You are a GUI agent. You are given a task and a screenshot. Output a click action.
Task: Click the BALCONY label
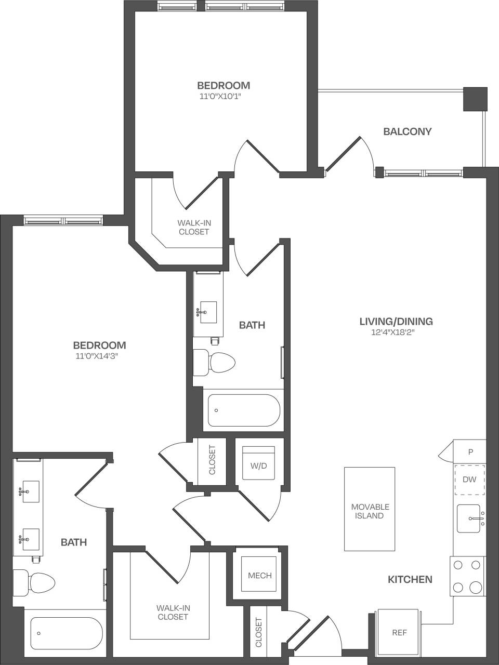point(407,131)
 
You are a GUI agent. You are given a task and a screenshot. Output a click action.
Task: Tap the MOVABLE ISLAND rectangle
point(370,509)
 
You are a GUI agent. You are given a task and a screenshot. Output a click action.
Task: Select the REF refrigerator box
point(399,632)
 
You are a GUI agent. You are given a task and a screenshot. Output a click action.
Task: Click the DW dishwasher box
point(469,479)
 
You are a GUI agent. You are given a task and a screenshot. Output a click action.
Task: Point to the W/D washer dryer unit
point(258,465)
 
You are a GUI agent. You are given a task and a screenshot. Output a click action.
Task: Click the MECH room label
point(259,575)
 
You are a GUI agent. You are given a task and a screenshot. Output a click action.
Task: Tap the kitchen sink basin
point(469,518)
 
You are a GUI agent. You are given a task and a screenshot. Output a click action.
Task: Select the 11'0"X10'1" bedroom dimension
point(223,96)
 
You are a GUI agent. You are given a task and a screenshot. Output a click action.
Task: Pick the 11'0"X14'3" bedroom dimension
point(99,356)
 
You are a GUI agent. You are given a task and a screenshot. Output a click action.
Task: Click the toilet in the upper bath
point(214,362)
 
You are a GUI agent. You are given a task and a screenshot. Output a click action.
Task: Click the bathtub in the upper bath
point(244,410)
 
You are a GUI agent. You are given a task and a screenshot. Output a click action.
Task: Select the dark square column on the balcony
point(475,99)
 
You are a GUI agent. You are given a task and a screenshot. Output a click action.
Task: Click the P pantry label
point(470,452)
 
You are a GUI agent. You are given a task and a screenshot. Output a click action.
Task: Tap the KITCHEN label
point(410,579)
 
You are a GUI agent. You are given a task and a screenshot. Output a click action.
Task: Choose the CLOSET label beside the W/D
point(212,460)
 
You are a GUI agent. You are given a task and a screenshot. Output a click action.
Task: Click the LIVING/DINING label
point(396,321)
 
